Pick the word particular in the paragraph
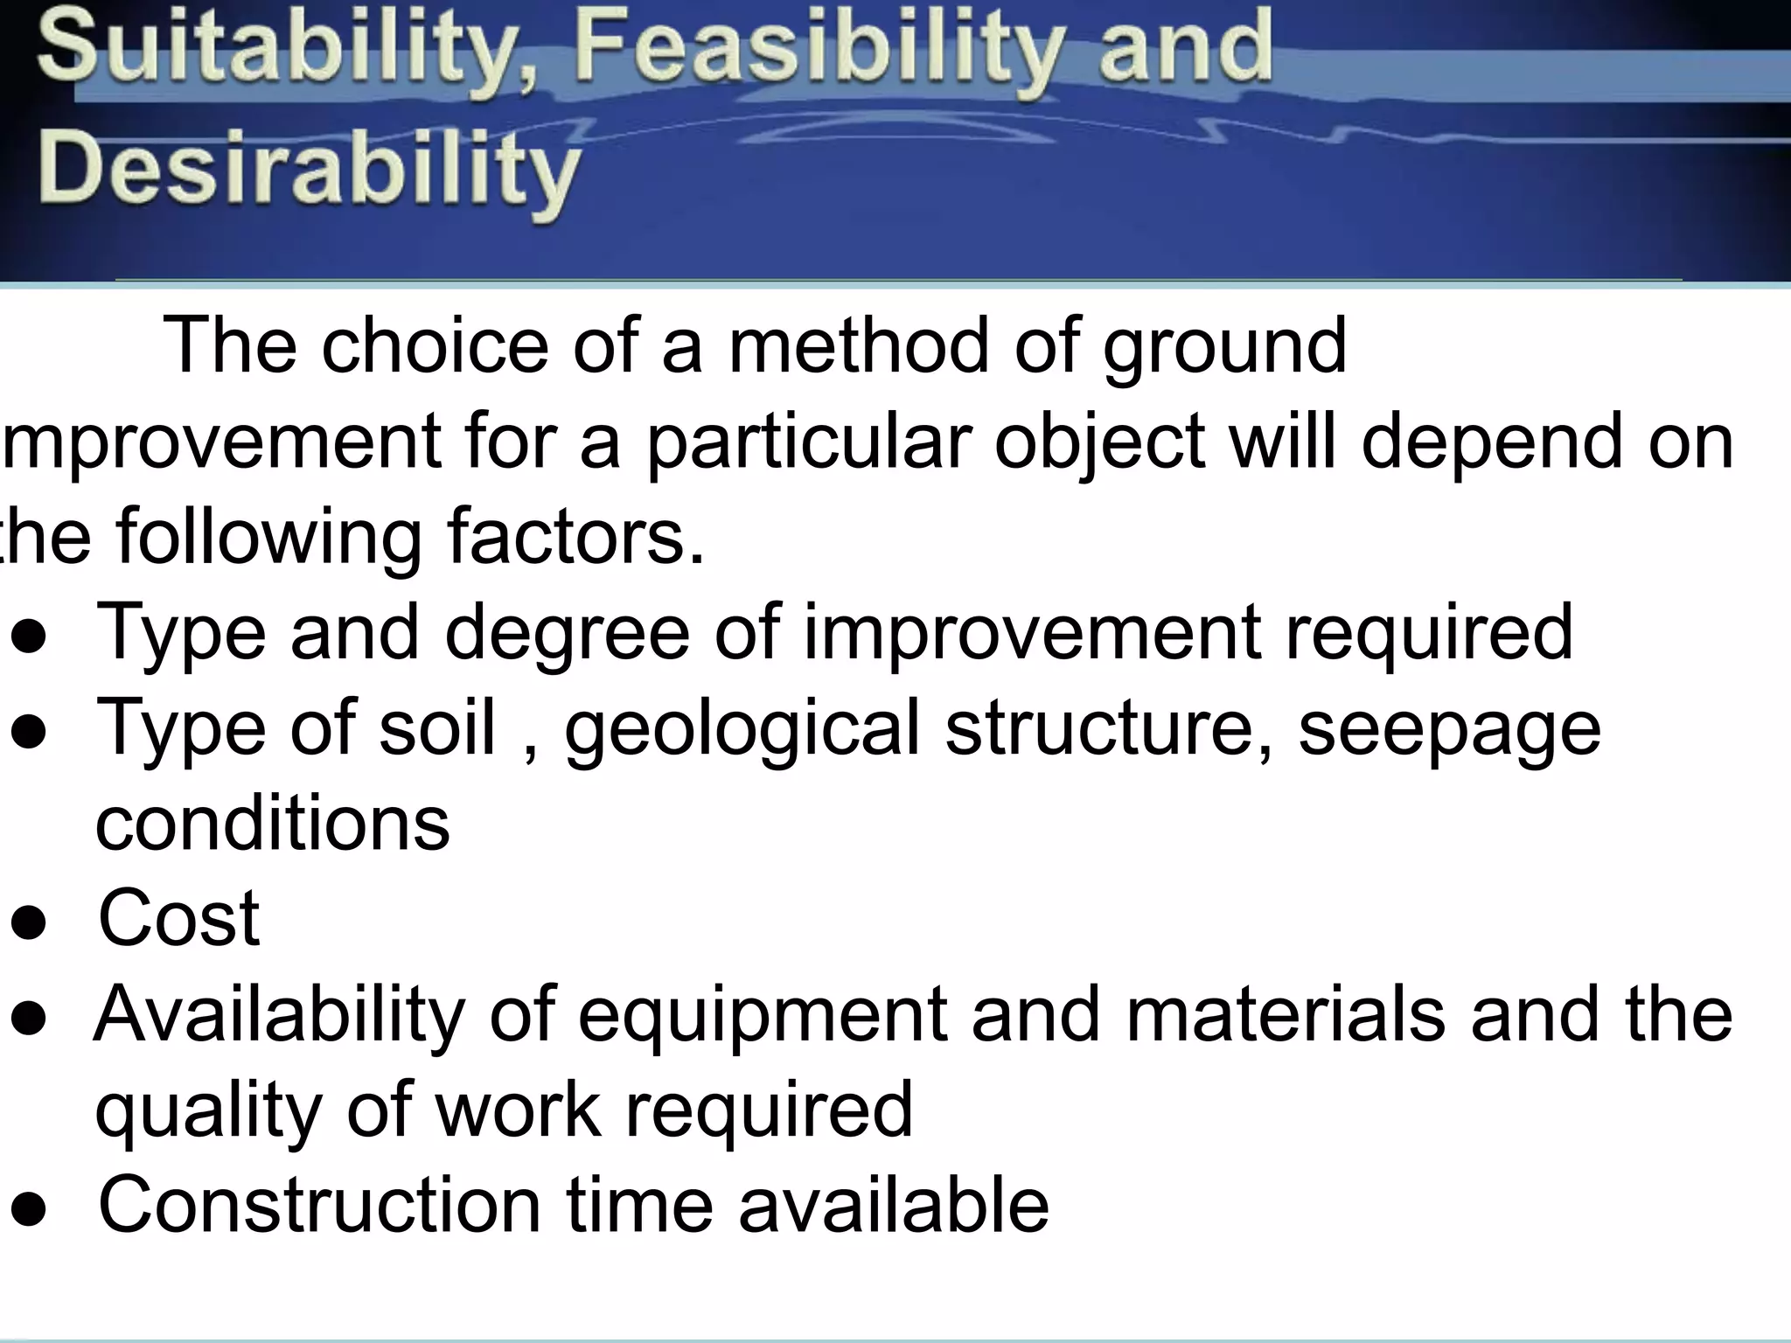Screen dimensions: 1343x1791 (809, 442)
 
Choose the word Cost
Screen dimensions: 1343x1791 (178, 918)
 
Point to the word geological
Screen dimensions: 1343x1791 (742, 731)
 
